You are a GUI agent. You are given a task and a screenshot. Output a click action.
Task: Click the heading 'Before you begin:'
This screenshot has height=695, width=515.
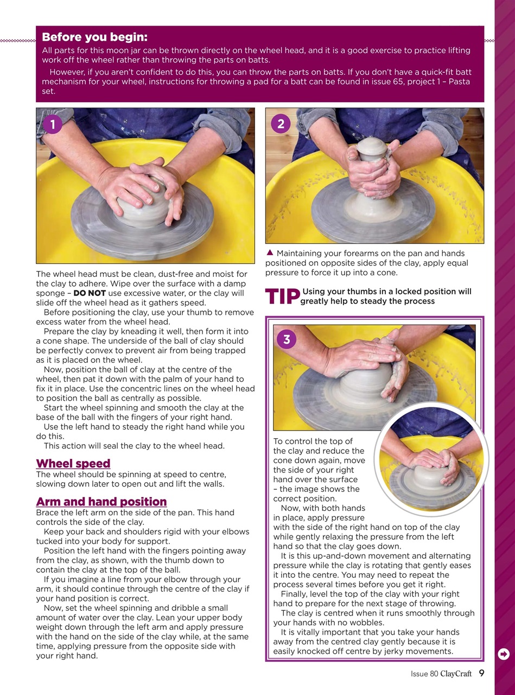pos(94,37)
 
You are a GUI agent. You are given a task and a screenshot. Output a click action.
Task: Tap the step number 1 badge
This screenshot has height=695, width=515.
pos(52,124)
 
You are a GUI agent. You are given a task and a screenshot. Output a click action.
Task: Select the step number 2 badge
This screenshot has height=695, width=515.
pos(281,124)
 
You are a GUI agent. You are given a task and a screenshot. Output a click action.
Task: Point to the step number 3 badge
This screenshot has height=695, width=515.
pos(287,339)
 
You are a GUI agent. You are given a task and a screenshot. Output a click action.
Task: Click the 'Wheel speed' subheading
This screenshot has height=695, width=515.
pos(73,464)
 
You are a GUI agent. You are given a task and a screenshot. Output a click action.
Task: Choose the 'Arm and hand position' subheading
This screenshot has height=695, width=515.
pos(101,502)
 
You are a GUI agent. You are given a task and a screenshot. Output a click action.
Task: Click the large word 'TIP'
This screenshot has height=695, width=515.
pos(282,296)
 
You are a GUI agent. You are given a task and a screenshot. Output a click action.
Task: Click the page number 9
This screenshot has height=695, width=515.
pos(481,674)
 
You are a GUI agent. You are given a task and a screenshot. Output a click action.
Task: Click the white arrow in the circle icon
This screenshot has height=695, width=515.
pos(504,654)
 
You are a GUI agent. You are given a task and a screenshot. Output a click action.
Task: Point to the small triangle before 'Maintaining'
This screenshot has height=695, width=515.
pos(270,252)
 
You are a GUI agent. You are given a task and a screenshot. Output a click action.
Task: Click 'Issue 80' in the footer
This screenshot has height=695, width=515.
pos(424,674)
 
